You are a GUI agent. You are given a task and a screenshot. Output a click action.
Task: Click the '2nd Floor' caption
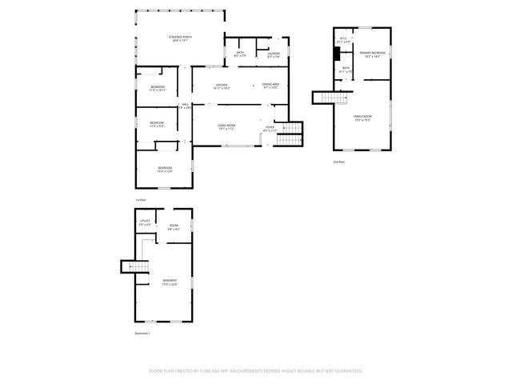click(x=339, y=162)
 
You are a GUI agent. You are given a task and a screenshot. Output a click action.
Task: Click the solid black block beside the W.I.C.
click(x=337, y=54)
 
